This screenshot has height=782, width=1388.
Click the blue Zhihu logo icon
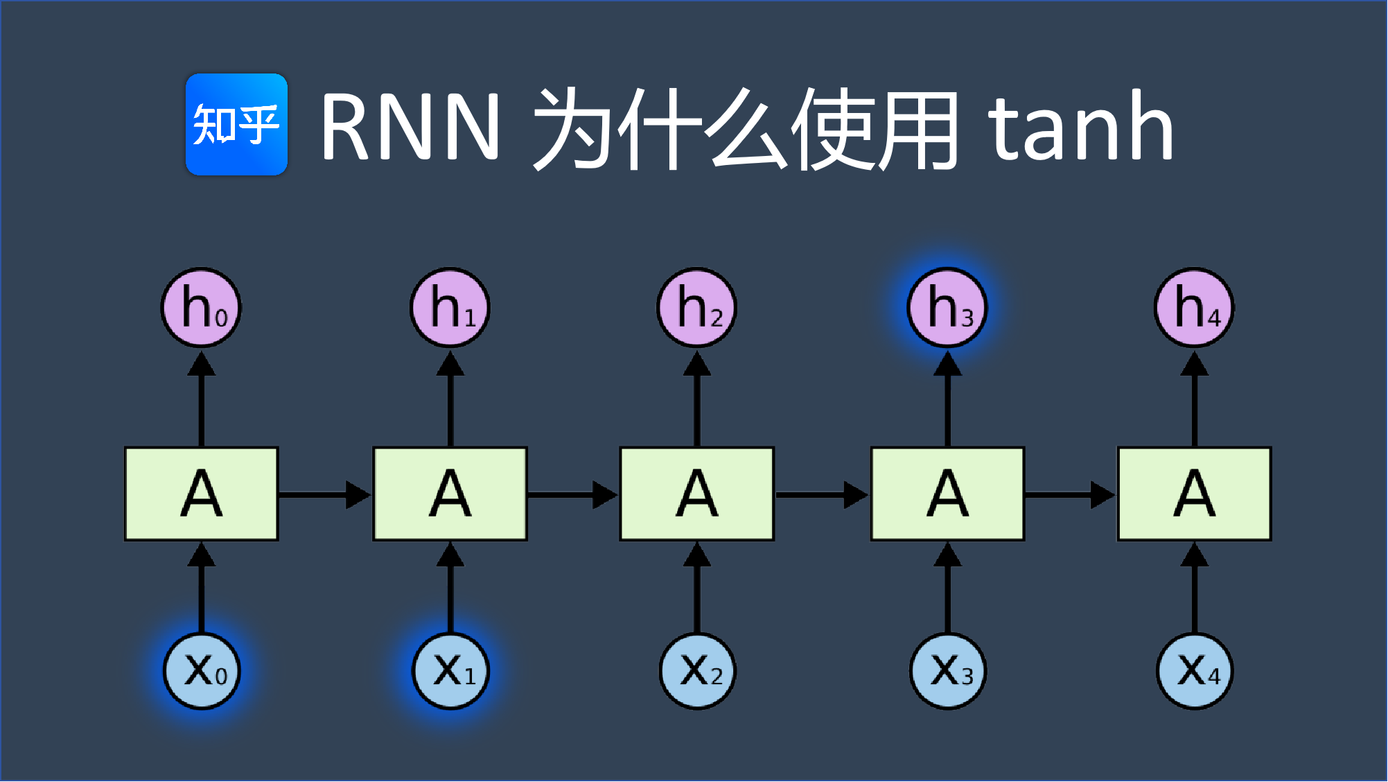pos(236,125)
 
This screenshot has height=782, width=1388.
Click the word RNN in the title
pos(410,127)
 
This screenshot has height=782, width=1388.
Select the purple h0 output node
pos(201,307)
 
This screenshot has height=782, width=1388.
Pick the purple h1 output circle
pos(450,307)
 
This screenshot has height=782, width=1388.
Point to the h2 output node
pos(696,307)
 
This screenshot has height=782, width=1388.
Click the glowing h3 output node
pos(947,307)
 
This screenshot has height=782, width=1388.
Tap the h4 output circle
pos(1194,307)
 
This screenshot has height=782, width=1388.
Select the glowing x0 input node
pos(201,671)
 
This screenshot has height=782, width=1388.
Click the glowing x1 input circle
pos(450,671)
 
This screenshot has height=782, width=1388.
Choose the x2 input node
pos(697,671)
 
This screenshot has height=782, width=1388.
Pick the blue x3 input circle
pos(947,671)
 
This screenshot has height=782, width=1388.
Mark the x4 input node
pos(1195,671)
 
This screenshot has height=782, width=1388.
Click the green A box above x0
pos(201,494)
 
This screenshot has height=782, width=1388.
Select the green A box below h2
pos(696,494)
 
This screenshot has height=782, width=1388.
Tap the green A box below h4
pos(1194,494)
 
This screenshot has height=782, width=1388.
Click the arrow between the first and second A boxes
pos(324,494)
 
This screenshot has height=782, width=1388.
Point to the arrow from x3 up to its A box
pos(947,588)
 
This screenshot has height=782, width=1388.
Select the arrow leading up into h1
pos(450,399)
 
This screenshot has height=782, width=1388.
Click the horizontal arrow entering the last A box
pos(1069,494)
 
